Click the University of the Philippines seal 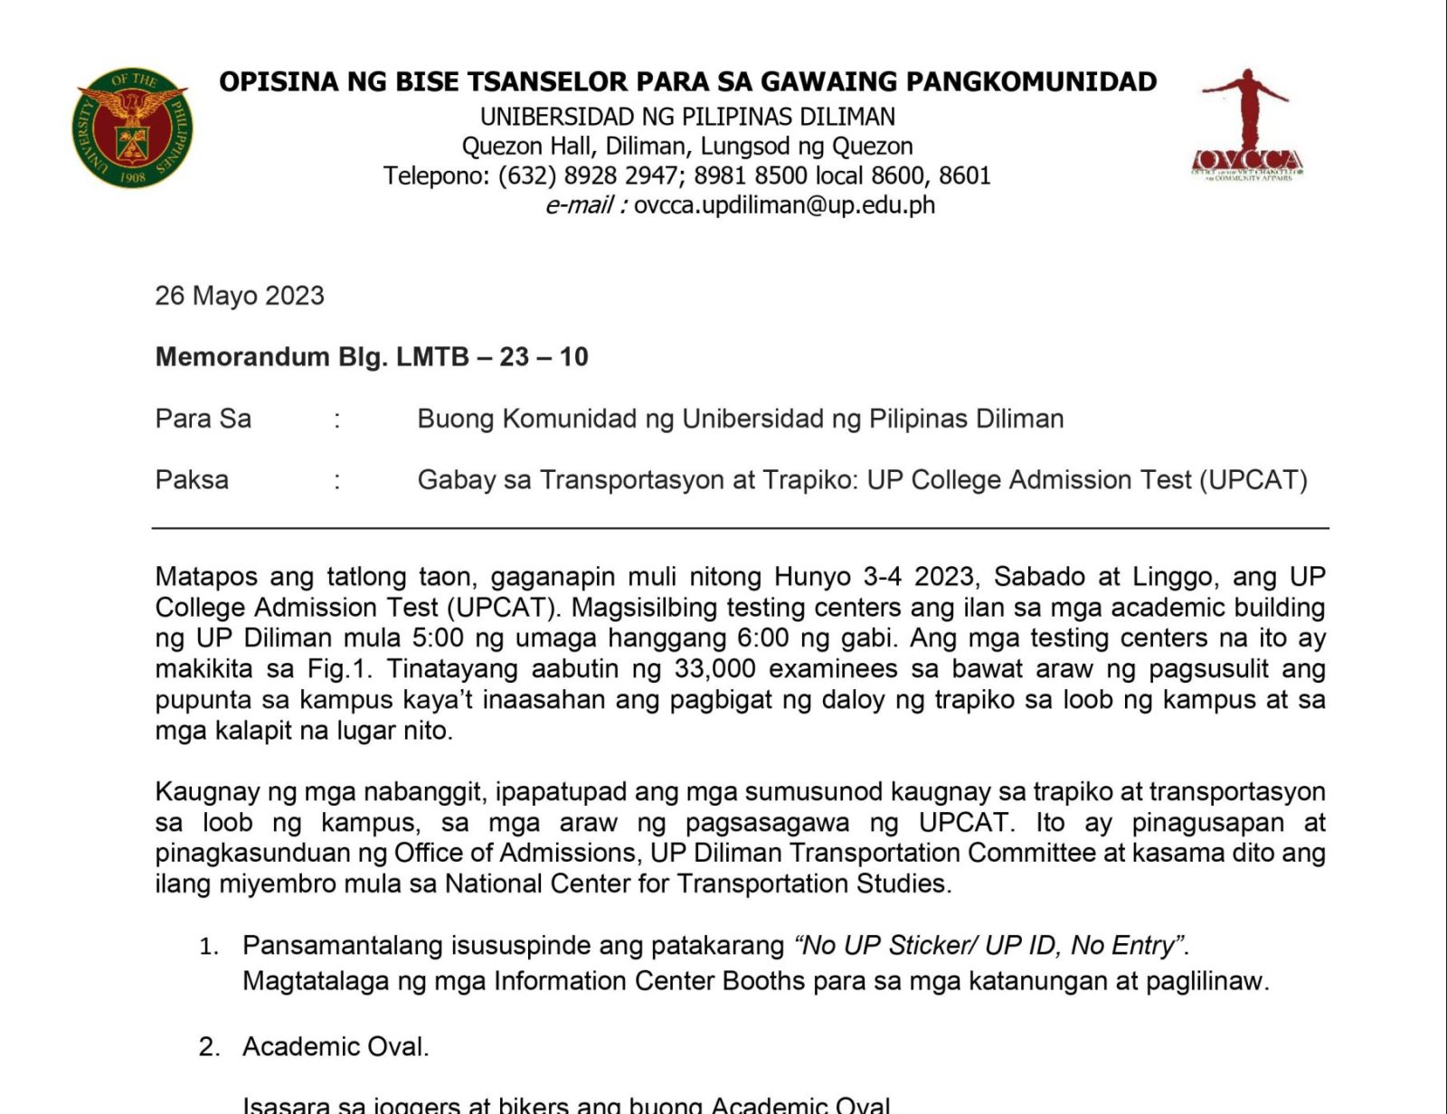pyautogui.click(x=132, y=127)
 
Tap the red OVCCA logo pyautogui.click(x=1247, y=126)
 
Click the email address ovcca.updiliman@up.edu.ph pyautogui.click(x=784, y=205)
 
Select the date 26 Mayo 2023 pyautogui.click(x=240, y=296)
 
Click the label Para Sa pyautogui.click(x=203, y=419)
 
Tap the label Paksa pyautogui.click(x=192, y=479)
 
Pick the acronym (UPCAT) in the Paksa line pyautogui.click(x=1253, y=479)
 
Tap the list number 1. pyautogui.click(x=209, y=947)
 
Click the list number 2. pyautogui.click(x=209, y=1047)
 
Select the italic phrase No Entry pyautogui.click(x=1127, y=946)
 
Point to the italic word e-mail pyautogui.click(x=579, y=205)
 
